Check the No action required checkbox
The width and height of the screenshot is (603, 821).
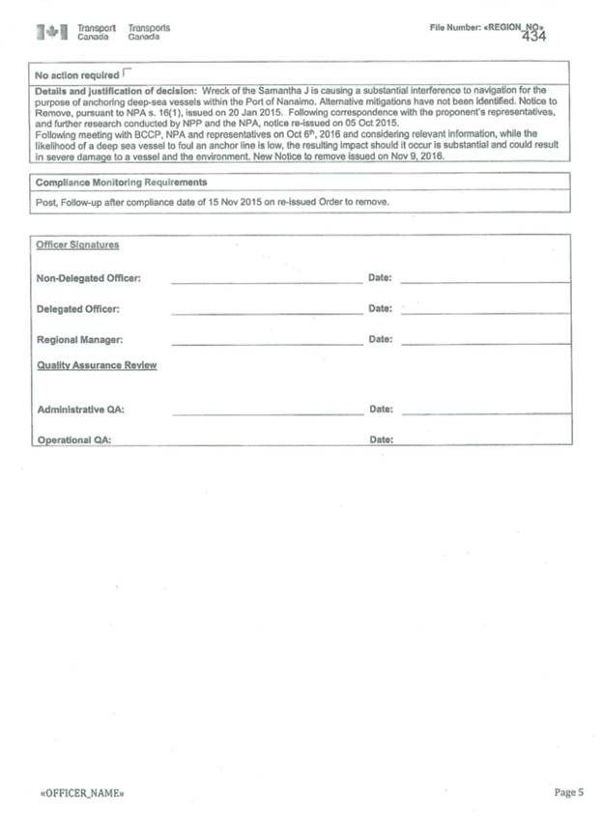129,73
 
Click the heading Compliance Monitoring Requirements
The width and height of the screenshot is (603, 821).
121,183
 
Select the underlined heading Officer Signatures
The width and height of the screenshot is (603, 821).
77,245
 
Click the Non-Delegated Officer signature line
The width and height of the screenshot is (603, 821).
266,281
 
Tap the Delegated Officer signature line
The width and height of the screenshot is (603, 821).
266,312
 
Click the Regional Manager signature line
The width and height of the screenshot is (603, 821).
266,343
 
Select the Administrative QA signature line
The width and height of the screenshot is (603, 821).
267,412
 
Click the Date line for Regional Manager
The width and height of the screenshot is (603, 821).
485,343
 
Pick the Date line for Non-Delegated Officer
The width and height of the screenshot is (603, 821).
485,281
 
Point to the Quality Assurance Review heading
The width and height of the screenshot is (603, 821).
97,366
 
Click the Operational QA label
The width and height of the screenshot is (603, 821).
73,439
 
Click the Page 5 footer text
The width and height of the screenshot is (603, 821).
569,793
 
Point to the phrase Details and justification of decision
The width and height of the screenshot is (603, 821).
116,90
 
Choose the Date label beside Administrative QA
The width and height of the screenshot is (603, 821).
381,410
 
